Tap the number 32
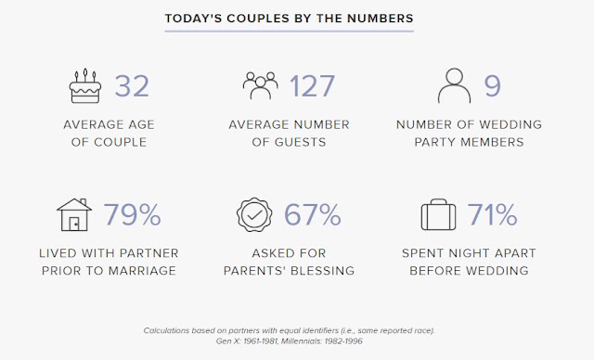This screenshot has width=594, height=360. click(132, 86)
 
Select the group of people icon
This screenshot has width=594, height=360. click(260, 85)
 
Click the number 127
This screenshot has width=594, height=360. click(312, 86)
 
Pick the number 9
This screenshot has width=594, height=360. click(493, 86)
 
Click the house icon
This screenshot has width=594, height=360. click(74, 214)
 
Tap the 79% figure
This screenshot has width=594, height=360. click(133, 214)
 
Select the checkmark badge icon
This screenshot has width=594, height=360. click(254, 214)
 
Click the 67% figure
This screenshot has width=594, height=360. click(313, 214)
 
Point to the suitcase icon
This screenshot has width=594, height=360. click(438, 214)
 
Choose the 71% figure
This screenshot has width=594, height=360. click(493, 214)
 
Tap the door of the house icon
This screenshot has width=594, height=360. click(74, 224)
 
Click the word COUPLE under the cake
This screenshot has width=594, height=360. click(120, 142)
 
